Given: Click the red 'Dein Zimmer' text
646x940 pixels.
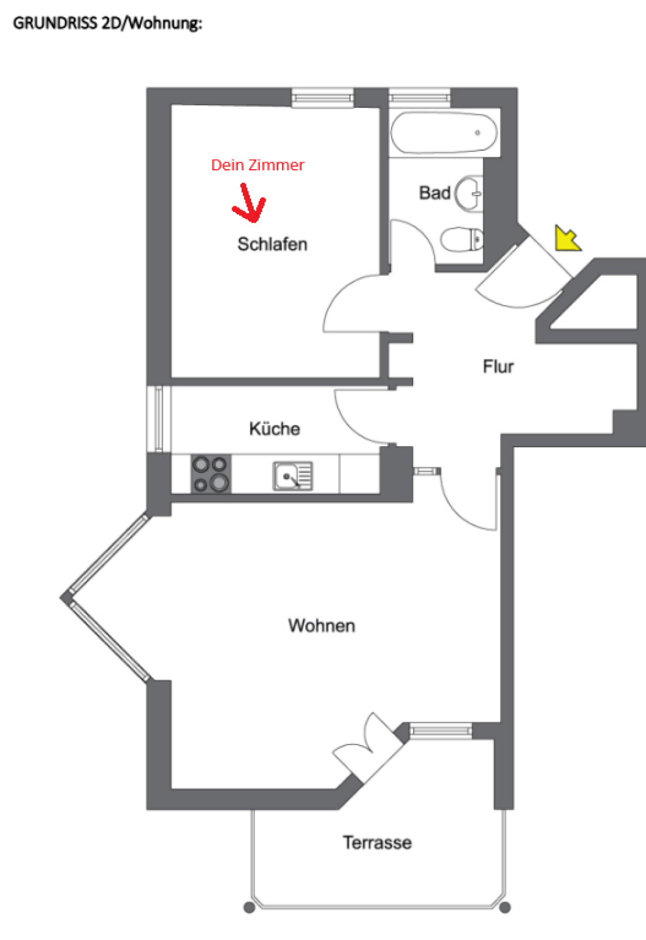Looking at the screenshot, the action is click(258, 165).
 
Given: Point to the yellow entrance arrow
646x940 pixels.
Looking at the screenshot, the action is click(568, 238).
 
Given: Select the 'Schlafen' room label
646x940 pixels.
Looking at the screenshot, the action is click(273, 244).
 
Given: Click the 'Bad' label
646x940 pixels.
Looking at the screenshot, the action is click(435, 193).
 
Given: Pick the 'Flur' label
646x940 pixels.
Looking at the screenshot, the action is click(498, 367).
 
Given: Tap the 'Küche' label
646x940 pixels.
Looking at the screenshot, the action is click(274, 428).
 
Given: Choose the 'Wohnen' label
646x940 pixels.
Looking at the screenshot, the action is click(322, 625).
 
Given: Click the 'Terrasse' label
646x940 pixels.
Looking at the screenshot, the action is click(377, 843).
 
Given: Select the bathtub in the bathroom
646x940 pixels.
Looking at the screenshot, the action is click(444, 132).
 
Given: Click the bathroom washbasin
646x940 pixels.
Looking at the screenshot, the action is click(469, 194).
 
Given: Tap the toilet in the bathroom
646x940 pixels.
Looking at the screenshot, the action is click(461, 240).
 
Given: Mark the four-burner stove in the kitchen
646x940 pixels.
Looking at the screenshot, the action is click(211, 473).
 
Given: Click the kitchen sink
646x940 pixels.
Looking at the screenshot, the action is click(293, 476).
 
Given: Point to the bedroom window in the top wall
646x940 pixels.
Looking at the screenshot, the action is click(322, 98).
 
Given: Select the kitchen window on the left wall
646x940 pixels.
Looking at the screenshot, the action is click(159, 419).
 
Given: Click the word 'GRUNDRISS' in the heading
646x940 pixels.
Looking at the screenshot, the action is click(55, 23).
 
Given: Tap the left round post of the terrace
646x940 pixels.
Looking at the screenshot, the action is click(249, 907).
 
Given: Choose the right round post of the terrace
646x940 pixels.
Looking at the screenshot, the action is click(505, 907).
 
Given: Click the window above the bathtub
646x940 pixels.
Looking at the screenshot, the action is click(420, 98).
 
